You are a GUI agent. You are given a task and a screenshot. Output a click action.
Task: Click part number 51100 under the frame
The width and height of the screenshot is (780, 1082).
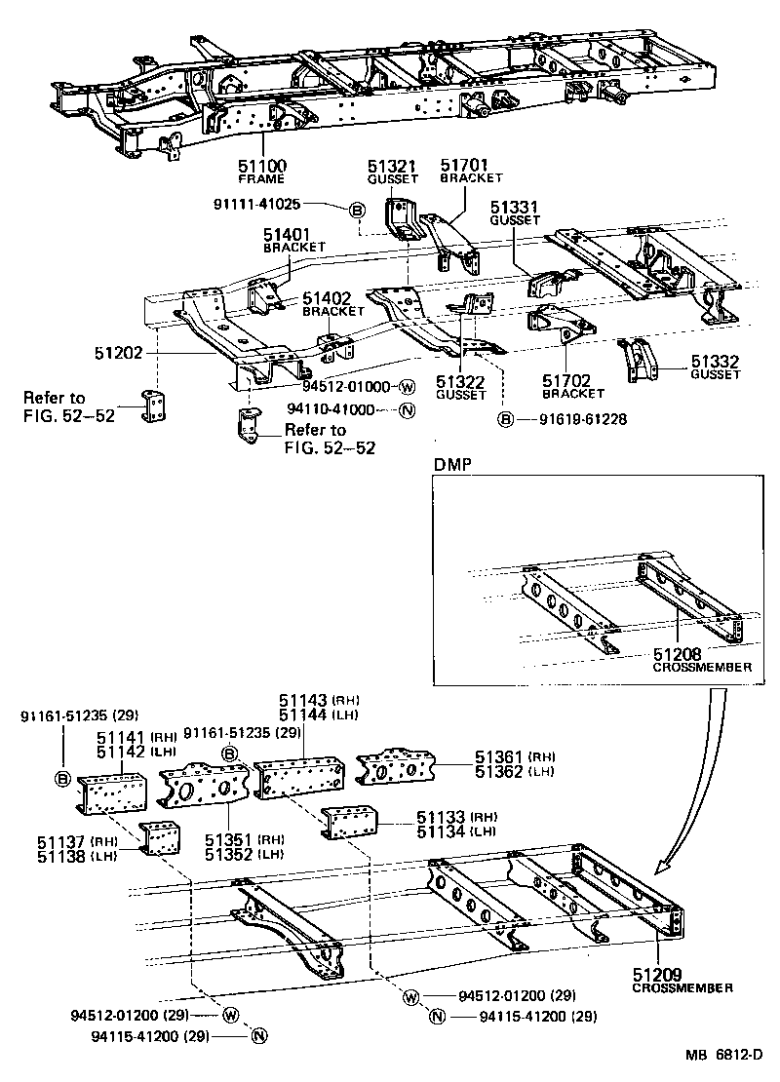pyautogui.click(x=261, y=167)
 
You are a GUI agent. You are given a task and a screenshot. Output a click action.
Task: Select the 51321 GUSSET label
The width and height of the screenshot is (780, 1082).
pyautogui.click(x=391, y=173)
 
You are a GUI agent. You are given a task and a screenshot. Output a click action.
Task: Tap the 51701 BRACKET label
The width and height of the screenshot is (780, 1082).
pyautogui.click(x=470, y=172)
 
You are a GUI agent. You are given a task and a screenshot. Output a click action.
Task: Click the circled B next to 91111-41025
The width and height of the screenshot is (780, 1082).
pyautogui.click(x=358, y=210)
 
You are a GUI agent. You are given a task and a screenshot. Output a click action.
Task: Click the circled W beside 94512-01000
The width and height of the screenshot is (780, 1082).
pyautogui.click(x=408, y=387)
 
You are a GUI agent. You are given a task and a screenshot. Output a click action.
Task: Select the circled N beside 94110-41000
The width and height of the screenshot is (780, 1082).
pyautogui.click(x=408, y=409)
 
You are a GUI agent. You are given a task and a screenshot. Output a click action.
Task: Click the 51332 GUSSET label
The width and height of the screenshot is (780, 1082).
pyautogui.click(x=715, y=367)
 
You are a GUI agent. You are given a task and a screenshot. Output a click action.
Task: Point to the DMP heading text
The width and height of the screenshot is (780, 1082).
pyautogui.click(x=451, y=466)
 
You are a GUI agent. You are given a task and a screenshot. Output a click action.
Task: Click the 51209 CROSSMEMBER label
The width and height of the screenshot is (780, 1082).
pyautogui.click(x=682, y=980)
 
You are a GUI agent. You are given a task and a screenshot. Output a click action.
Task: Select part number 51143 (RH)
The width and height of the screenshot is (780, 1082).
pyautogui.click(x=304, y=700)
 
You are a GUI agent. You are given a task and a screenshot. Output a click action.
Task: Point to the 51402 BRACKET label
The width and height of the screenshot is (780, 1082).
pyautogui.click(x=332, y=304)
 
